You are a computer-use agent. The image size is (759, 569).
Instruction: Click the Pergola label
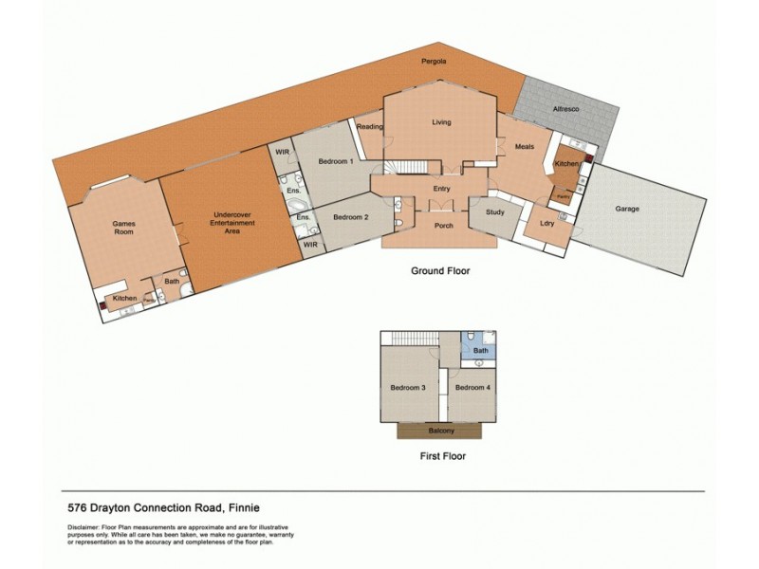(x=435, y=62)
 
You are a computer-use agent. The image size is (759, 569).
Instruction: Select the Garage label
(x=627, y=208)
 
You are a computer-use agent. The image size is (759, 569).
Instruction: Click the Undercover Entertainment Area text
(x=224, y=226)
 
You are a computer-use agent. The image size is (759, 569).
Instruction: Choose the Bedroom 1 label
(x=336, y=161)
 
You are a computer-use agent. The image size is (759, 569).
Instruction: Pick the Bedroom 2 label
(x=350, y=217)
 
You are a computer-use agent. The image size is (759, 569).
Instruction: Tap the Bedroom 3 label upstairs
(x=408, y=388)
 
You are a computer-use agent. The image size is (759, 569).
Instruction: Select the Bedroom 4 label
(x=472, y=388)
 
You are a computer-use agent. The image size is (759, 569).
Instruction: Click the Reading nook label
(x=370, y=126)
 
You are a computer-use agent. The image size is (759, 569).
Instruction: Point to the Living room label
(x=441, y=122)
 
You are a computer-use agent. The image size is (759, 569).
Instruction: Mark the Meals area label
(x=525, y=147)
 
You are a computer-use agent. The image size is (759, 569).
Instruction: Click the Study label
(x=494, y=212)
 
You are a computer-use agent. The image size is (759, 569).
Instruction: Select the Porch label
(x=443, y=226)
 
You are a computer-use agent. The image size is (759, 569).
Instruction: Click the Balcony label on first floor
(x=442, y=431)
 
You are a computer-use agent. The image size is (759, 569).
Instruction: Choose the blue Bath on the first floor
(x=481, y=351)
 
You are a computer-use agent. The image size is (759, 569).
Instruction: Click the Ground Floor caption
(x=439, y=270)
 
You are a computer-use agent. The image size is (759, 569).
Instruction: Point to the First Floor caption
(x=442, y=455)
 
